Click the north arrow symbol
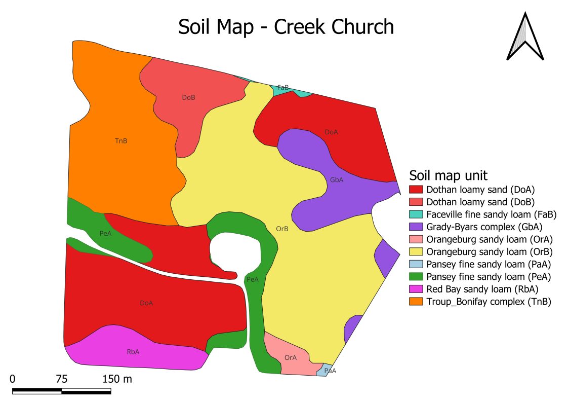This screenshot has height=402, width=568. tap(525, 37)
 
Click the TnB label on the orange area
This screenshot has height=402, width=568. tap(121, 141)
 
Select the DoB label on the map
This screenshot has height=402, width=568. tap(188, 97)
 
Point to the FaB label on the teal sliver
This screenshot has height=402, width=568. tap(283, 88)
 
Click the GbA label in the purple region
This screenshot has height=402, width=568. tap(337, 180)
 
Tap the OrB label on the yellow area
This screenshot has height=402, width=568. tap(282, 229)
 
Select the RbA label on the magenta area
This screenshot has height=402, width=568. tap(133, 351)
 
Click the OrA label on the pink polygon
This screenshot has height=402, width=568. tap(291, 357)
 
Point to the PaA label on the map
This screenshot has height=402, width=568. tap(330, 371)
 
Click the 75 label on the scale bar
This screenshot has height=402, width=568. tap(62, 379)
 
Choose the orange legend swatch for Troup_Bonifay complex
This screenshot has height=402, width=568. tap(416, 301)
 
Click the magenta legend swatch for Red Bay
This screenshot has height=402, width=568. tap(416, 289)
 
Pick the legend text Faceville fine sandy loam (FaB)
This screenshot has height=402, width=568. tap(491, 214)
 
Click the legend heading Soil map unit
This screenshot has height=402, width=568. tap(448, 175)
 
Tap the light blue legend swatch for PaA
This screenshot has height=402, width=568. tap(416, 264)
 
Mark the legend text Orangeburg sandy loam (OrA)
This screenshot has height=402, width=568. tap(489, 239)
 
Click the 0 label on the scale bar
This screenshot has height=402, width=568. tap(13, 379)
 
